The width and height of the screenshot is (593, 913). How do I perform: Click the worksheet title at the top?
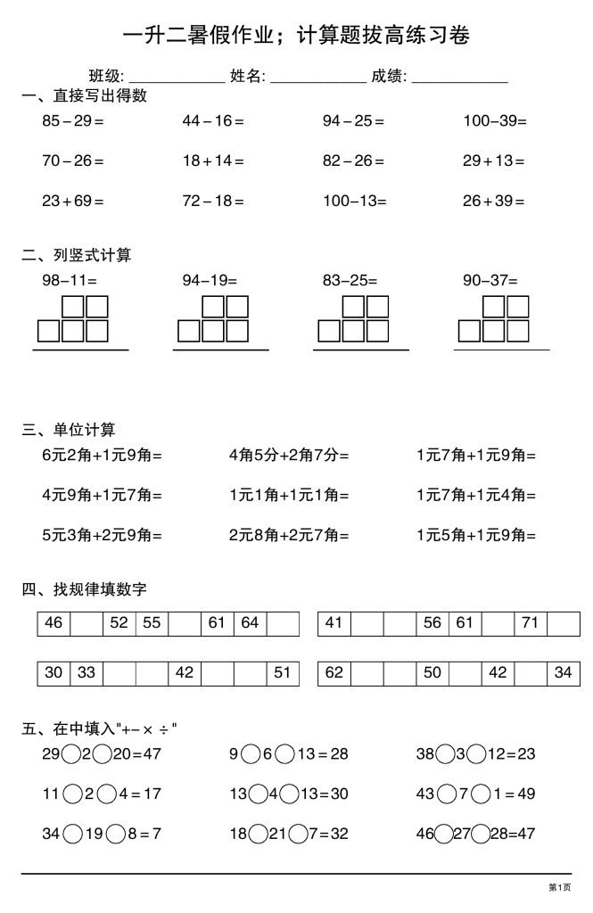[295, 36]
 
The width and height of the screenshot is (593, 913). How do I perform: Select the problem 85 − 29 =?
[73, 121]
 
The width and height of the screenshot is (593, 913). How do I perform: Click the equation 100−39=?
[495, 121]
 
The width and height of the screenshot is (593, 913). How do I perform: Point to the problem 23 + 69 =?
[73, 201]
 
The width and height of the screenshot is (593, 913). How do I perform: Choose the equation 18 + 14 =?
[213, 161]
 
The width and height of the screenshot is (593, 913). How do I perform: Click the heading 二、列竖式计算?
[77, 256]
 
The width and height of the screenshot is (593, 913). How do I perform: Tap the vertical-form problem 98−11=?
[70, 281]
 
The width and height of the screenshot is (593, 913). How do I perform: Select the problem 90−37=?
[490, 281]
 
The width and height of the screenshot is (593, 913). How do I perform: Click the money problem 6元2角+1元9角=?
[102, 455]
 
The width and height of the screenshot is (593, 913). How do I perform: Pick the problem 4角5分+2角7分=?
[289, 455]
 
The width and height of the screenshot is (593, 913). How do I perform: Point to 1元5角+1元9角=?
[476, 536]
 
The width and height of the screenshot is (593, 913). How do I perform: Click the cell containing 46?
[54, 623]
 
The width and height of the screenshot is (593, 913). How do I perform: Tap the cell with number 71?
[531, 623]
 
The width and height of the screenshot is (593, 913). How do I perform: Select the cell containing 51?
[283, 673]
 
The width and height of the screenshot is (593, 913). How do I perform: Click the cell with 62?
[334, 673]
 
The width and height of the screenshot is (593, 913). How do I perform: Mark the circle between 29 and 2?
[71, 754]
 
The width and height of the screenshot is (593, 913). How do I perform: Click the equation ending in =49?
[476, 794]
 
